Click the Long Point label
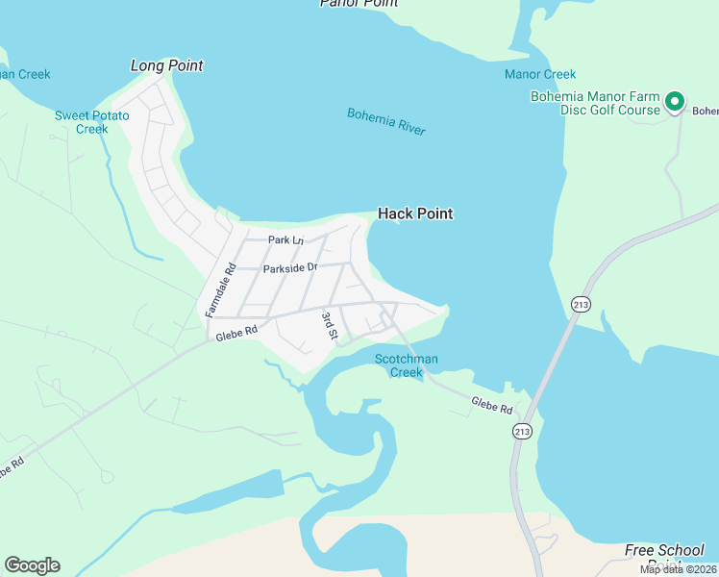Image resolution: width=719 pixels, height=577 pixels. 167,65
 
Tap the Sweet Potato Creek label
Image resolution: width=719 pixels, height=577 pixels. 91,122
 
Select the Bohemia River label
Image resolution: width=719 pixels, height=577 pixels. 386,121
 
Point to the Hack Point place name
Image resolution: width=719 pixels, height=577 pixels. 415,213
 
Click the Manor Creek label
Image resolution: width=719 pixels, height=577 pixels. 540,74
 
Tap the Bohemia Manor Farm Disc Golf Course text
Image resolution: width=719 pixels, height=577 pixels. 596,103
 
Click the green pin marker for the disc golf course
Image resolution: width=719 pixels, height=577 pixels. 675,100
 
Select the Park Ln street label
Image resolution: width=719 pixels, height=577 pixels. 285,239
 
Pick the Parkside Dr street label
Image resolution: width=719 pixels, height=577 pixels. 290,268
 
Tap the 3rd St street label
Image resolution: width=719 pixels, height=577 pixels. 329,326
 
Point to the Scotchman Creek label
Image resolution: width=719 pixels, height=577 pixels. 407,365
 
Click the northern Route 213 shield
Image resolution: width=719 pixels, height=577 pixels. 581,303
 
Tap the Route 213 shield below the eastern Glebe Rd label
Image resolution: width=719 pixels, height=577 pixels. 522,432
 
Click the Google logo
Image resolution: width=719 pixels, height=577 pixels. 32,565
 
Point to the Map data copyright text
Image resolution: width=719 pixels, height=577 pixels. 678,569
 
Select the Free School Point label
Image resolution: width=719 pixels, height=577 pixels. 664,556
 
